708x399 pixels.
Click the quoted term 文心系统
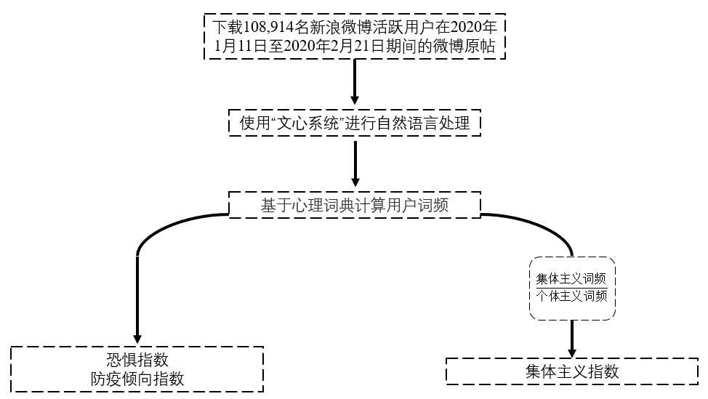[307, 124]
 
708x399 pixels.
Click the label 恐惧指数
[137, 360]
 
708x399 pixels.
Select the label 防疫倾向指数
[137, 378]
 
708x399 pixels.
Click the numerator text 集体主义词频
[571, 279]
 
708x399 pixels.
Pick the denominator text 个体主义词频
[571, 296]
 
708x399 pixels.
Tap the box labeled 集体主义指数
[572, 371]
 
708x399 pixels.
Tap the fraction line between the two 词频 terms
[571, 288]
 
